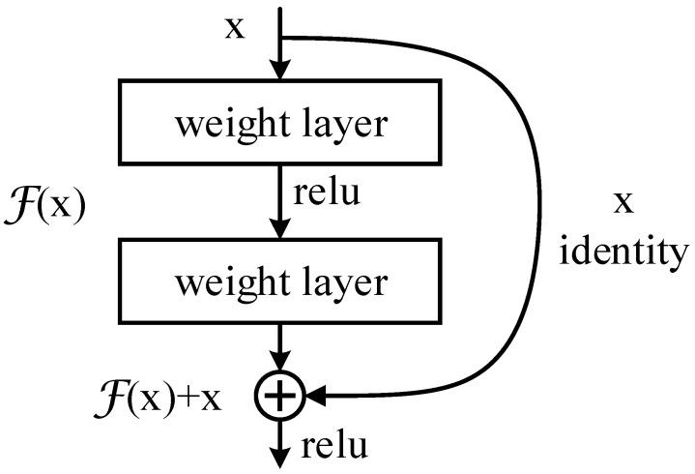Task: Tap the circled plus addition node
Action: [279, 395]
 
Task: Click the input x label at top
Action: [235, 26]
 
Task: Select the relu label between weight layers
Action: [327, 193]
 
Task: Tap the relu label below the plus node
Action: [335, 446]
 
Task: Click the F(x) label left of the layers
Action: [45, 206]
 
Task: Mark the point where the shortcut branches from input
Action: [279, 38]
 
